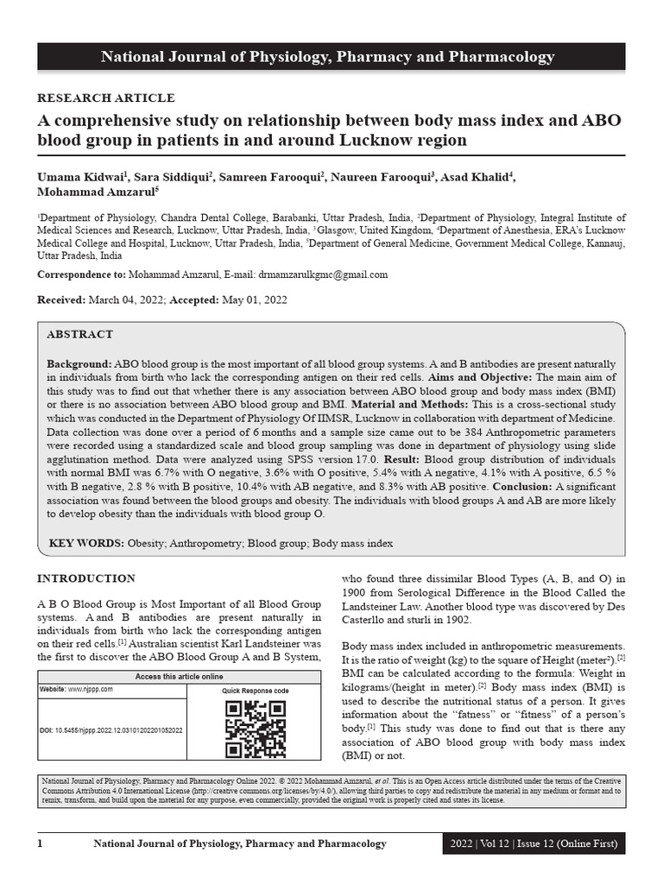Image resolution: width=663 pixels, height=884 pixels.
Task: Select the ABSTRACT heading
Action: tap(79, 334)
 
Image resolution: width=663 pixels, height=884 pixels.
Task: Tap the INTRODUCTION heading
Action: tap(85, 578)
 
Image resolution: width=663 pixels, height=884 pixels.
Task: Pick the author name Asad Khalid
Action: tap(477, 177)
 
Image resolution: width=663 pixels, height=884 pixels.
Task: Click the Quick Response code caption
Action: tap(255, 691)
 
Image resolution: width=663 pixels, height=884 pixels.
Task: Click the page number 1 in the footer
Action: tap(40, 843)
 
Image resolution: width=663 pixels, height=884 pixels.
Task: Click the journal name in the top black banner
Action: tap(328, 58)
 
